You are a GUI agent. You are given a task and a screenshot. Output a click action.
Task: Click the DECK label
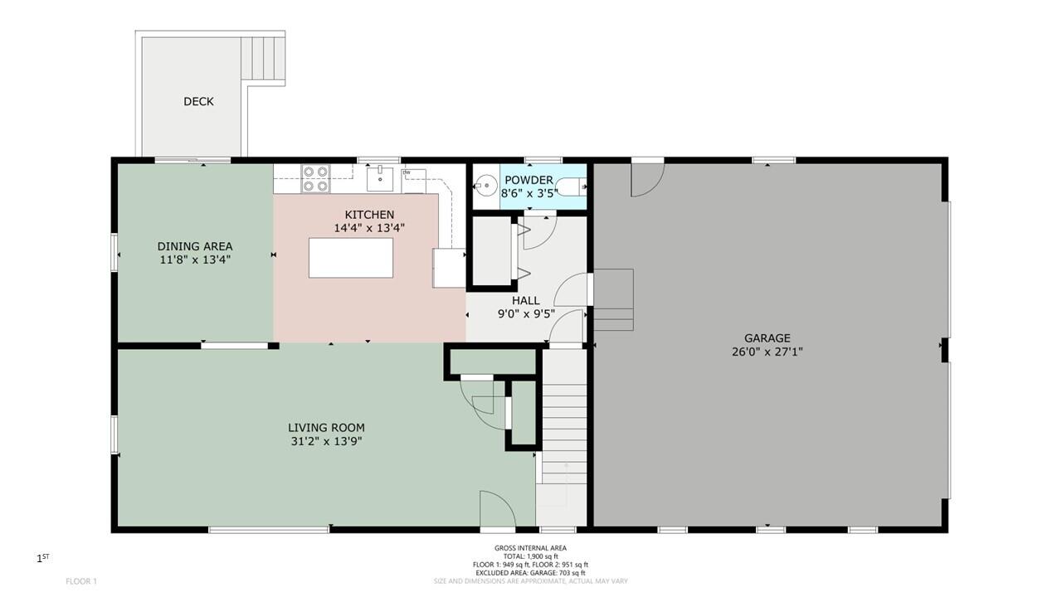click(x=198, y=101)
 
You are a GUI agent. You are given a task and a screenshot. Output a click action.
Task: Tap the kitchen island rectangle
click(x=351, y=258)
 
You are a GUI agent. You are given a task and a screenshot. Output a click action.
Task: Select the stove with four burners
click(x=316, y=178)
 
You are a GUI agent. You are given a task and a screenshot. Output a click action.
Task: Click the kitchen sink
click(x=380, y=178)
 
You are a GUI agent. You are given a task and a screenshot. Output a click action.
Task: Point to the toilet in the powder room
click(x=571, y=187)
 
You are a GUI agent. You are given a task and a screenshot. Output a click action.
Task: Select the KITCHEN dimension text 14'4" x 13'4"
click(x=369, y=228)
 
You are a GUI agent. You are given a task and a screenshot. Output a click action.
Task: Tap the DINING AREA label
click(x=195, y=246)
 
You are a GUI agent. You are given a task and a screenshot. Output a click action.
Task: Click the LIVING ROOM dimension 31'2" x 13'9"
click(x=327, y=442)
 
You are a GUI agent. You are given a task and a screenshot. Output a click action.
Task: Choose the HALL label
click(x=526, y=300)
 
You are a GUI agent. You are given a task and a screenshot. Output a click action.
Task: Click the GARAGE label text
click(x=767, y=338)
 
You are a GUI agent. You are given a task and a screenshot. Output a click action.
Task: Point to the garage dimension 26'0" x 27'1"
click(x=767, y=352)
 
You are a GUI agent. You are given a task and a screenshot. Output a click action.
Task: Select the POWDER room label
click(x=529, y=180)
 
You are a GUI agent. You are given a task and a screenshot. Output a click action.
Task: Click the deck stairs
click(x=263, y=59)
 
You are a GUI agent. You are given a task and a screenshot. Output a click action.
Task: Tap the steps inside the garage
click(x=613, y=299)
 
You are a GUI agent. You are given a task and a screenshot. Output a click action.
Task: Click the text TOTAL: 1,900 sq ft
click(x=530, y=556)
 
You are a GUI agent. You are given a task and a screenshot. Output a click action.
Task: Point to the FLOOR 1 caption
click(x=81, y=581)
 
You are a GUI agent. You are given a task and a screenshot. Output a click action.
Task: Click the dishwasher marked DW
click(x=413, y=182)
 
